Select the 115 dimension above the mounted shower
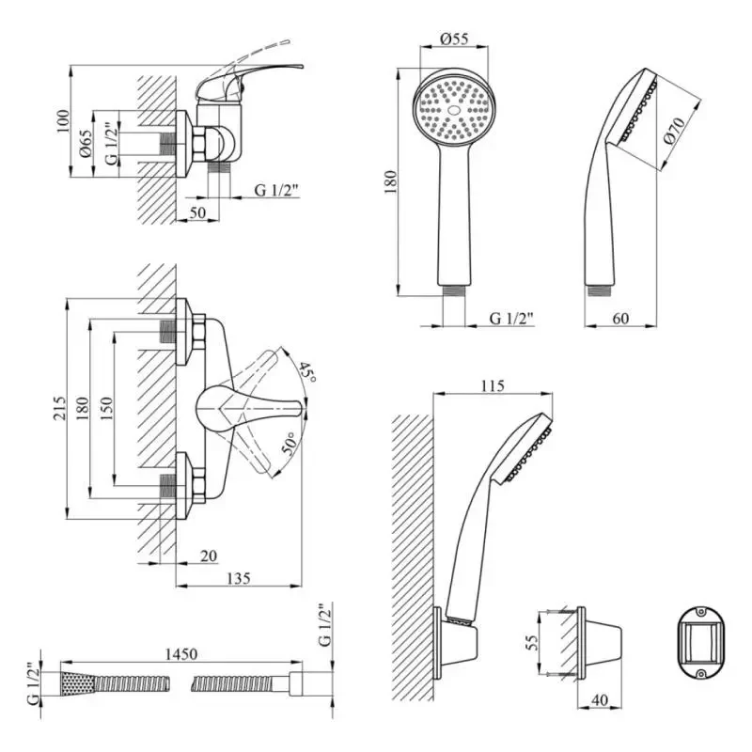click(x=492, y=385)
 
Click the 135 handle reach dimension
click(x=238, y=579)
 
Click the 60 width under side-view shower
click(x=620, y=318)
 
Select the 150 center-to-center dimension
click(x=107, y=406)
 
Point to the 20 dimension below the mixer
click(x=209, y=556)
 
